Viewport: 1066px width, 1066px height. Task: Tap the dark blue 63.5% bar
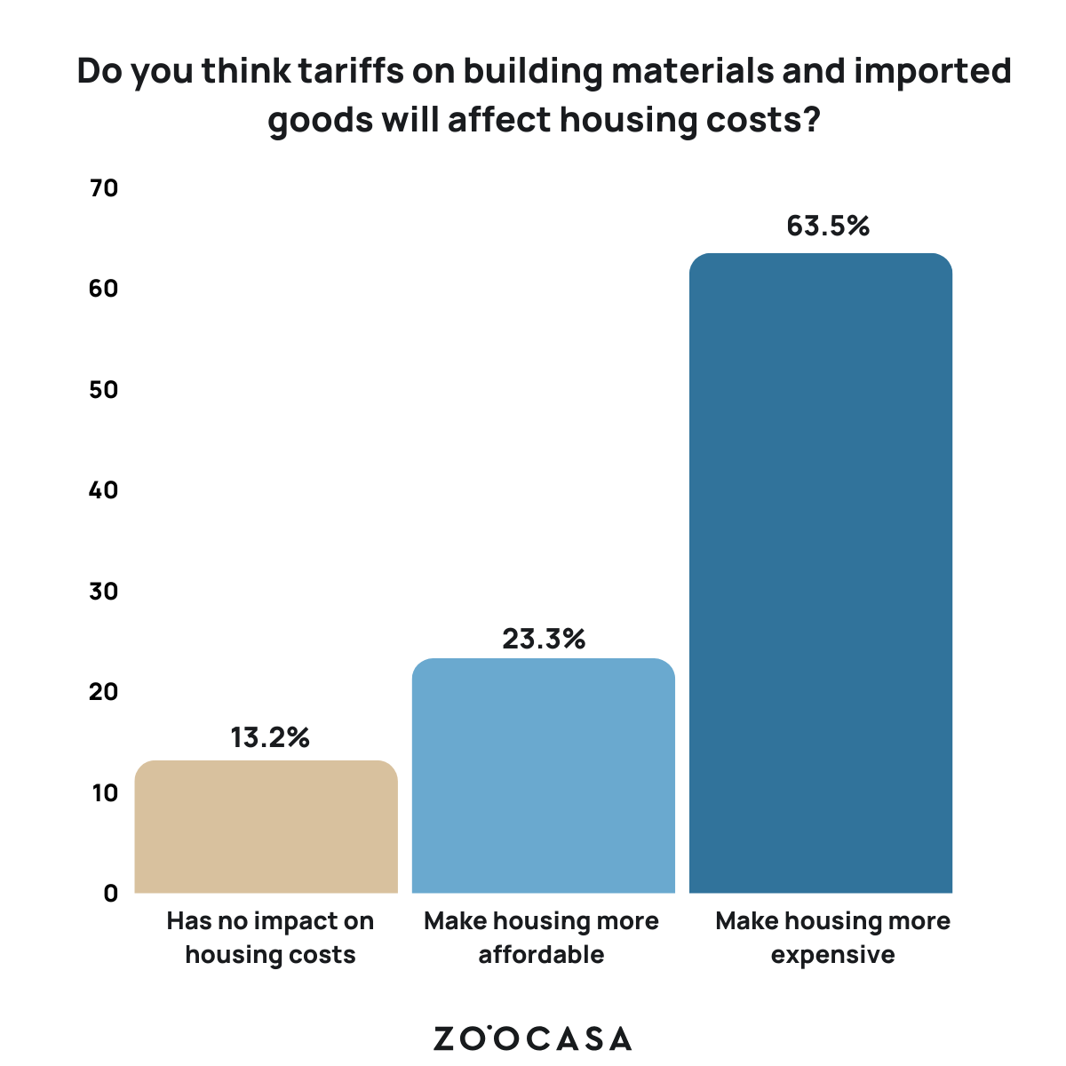(821, 573)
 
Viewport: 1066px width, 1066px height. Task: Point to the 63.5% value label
(828, 227)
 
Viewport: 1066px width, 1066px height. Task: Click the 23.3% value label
(544, 639)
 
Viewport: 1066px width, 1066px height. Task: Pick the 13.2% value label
(270, 737)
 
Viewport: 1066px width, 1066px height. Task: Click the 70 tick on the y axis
(104, 188)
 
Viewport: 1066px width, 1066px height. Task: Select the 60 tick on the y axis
(104, 289)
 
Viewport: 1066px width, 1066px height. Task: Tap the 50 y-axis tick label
(104, 390)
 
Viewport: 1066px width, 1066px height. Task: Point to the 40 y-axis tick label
(104, 490)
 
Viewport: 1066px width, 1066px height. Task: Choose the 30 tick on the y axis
(104, 591)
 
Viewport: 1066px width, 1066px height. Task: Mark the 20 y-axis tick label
(104, 691)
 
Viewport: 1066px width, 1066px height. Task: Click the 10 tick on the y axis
(104, 792)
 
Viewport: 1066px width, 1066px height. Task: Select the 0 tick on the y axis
(111, 893)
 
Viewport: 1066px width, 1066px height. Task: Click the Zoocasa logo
(533, 1038)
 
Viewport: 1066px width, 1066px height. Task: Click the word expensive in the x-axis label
(832, 955)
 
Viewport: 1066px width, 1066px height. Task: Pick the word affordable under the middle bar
(541, 955)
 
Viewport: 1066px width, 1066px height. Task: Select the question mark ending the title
(807, 119)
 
